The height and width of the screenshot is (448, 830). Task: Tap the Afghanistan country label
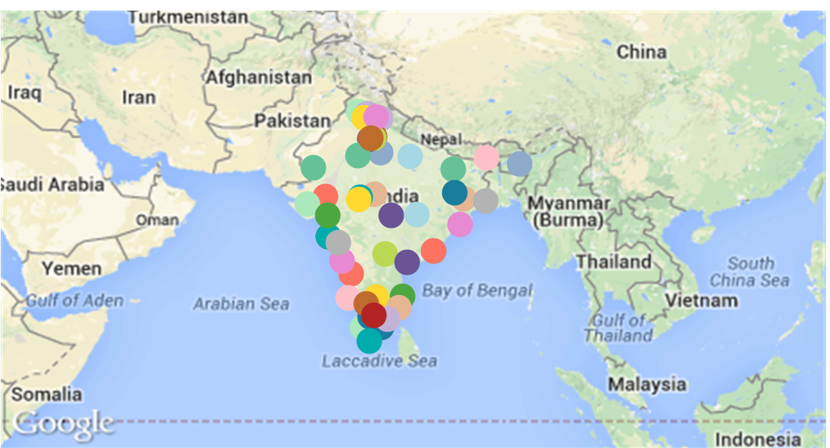pos(259,77)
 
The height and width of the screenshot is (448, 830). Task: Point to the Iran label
pos(138,98)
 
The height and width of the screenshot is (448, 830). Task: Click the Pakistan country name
pos(292,121)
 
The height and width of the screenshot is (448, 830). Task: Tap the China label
pos(642,52)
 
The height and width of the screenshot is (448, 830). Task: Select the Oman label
pos(157,220)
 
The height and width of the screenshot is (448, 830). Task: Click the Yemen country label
pos(72,269)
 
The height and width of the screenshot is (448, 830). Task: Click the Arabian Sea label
pos(240,304)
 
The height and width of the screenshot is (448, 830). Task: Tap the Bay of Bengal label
pos(477,291)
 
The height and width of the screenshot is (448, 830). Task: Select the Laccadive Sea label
pos(379,361)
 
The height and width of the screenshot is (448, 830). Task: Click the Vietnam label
pos(701,300)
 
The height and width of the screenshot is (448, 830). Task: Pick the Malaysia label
pos(647,384)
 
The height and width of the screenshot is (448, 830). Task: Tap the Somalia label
pos(46,394)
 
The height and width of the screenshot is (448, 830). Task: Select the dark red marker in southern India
pos(373,315)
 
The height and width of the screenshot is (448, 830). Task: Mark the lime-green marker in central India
pos(385,254)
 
